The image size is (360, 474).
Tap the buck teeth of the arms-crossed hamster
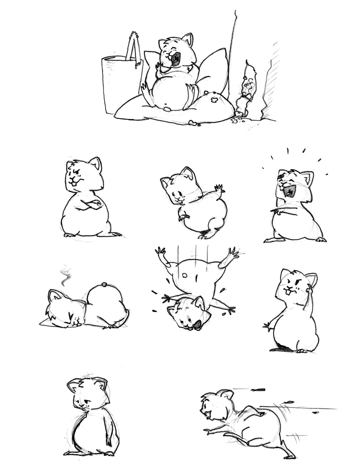click(x=74, y=183)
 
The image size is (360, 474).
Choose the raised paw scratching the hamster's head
click(x=309, y=292)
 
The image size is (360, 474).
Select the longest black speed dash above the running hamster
click(x=259, y=390)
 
